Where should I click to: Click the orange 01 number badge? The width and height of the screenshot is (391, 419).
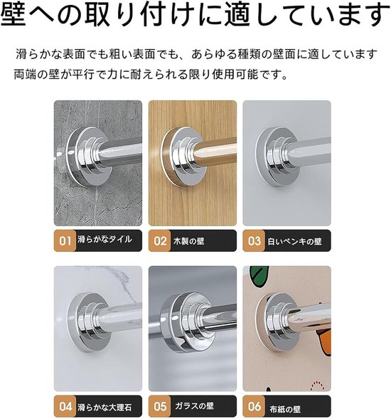point(65,240)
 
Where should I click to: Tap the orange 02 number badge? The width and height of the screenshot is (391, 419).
point(159,240)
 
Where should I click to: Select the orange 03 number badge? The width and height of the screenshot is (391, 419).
point(254,240)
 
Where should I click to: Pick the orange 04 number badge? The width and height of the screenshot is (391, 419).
point(65,406)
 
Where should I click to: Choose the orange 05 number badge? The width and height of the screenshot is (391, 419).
point(159,406)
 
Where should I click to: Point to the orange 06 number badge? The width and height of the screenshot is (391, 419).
point(254,406)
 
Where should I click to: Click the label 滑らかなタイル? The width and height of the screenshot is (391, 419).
point(105,239)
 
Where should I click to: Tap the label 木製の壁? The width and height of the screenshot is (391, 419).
point(189,241)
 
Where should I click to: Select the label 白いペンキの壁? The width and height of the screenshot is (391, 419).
point(294,241)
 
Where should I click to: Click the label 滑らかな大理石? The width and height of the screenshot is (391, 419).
point(105,408)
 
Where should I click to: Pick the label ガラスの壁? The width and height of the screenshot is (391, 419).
point(194,406)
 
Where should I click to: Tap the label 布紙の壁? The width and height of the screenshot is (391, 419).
point(285,409)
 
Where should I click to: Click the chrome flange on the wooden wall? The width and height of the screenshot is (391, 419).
point(181,157)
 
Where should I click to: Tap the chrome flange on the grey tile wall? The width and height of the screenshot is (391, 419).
point(86,157)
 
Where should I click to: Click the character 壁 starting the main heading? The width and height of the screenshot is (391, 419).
point(14,14)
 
